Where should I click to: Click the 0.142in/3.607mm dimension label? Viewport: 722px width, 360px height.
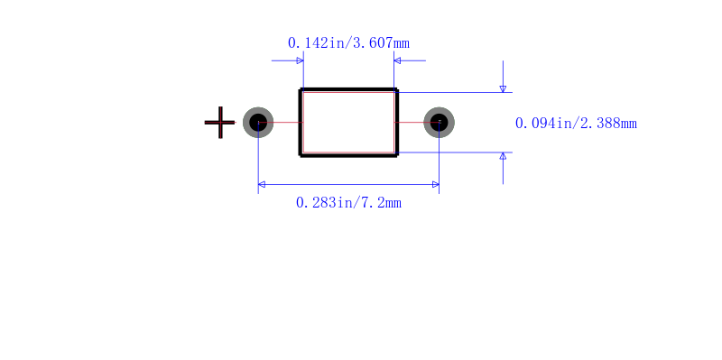coord(348,43)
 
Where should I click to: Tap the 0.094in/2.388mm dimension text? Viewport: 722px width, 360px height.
coord(576,124)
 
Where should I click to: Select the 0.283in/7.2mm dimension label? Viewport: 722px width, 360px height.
coord(348,203)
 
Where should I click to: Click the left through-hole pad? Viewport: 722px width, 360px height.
coord(258,123)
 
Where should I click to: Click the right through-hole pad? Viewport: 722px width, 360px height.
coord(440,123)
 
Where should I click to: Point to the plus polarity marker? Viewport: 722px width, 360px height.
coord(220,123)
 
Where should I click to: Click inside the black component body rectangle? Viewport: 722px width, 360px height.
coord(348,123)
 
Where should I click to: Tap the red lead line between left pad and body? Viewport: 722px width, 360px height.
coord(281,123)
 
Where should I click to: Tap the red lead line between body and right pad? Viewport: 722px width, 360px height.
coord(417,123)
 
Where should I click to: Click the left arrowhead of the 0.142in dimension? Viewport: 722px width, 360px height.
coord(300,60)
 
